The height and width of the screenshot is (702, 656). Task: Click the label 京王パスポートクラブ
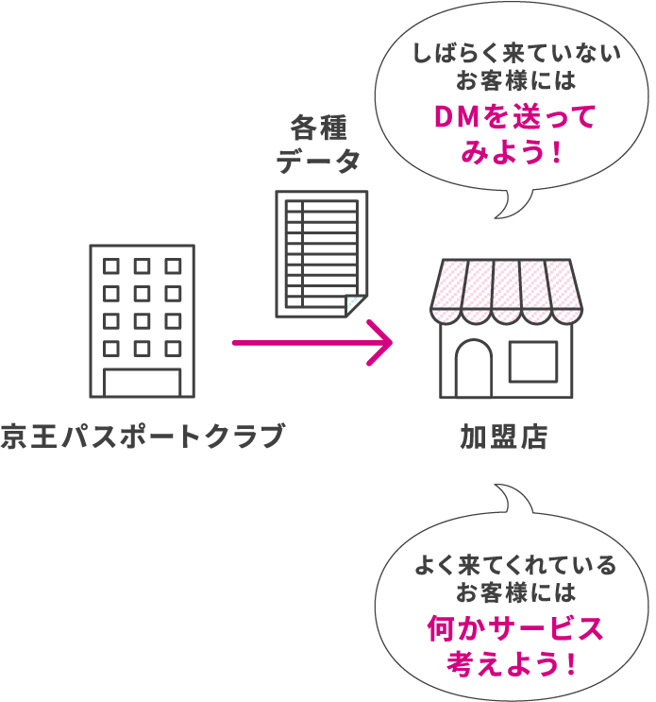[x=142, y=437]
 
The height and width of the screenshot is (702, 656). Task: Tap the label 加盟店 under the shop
[x=504, y=437]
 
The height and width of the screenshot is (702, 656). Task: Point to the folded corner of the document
[x=355, y=305]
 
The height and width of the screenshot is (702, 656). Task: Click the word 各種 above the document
[x=318, y=128]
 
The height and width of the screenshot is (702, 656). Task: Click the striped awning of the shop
[x=505, y=288]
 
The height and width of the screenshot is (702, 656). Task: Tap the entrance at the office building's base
[x=142, y=383]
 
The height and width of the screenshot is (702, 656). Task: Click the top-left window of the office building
[x=111, y=266]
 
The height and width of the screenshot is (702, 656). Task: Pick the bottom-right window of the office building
[x=173, y=349]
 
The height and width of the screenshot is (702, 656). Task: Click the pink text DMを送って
[x=513, y=116]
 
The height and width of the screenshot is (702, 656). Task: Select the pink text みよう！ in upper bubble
[x=513, y=151]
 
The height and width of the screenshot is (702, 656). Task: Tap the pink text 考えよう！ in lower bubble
[x=513, y=662]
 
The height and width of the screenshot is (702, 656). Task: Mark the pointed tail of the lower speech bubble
[x=500, y=490]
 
